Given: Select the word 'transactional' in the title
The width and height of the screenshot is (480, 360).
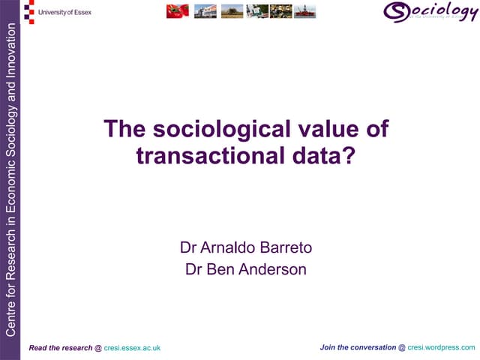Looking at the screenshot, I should click(199, 155).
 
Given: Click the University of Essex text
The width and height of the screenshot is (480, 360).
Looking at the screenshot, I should click(67, 12).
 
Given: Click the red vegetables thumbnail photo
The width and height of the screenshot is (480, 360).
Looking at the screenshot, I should click(178, 11).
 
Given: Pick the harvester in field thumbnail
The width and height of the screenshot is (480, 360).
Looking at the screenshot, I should click(232, 11).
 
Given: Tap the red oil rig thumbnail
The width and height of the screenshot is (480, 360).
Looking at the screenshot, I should click(304, 11).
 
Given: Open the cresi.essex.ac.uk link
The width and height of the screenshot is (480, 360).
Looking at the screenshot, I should click(132, 348).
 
